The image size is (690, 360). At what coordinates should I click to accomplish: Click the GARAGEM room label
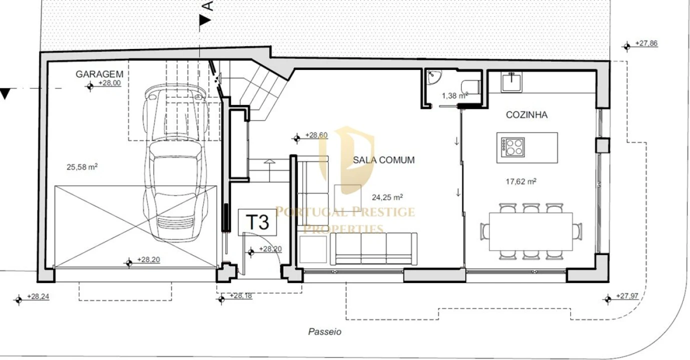99,74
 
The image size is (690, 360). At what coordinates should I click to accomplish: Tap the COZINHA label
527,115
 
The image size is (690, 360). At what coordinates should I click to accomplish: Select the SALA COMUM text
384,160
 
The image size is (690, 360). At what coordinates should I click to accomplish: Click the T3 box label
258,222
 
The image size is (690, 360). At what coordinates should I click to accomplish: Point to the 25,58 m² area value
82,167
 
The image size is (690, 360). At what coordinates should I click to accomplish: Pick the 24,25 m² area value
387,197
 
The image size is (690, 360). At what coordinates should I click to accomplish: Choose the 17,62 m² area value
521,181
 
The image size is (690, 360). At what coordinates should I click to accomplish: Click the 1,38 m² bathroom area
455,95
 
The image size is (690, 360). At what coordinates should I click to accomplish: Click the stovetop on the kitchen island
513,147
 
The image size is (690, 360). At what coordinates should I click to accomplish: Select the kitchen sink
511,82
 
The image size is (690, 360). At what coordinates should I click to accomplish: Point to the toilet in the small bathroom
471,87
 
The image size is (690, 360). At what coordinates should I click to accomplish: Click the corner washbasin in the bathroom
434,76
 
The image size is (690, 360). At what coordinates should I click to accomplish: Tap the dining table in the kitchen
531,231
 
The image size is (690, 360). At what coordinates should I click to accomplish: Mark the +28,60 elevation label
316,135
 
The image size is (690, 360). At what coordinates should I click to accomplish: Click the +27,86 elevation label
646,43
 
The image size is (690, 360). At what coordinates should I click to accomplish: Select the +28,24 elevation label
38,296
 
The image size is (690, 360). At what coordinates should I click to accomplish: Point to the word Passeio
325,331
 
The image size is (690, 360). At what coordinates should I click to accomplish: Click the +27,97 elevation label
627,296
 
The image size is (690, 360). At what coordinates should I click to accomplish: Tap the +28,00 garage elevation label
110,83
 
